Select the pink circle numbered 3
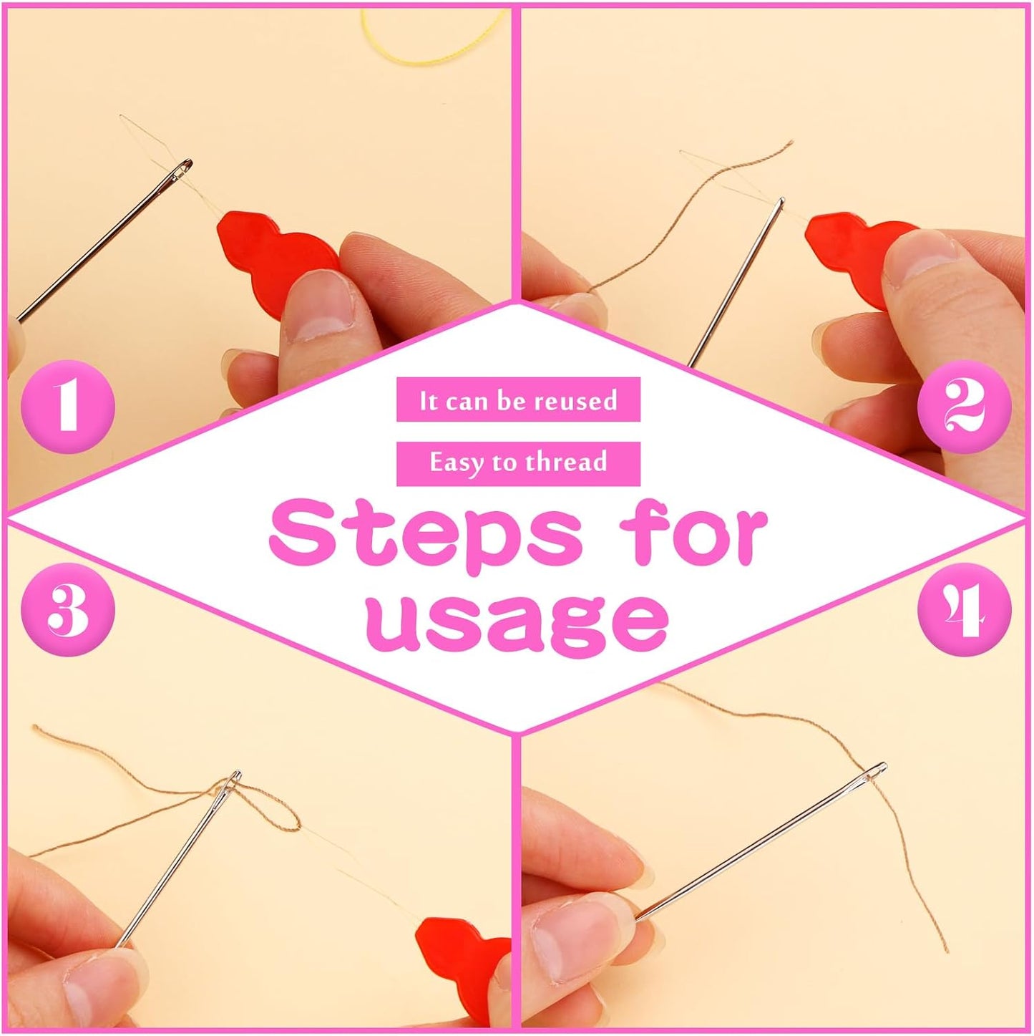tap(68, 610)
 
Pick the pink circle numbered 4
tap(965, 610)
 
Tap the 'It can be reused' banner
tap(518, 400)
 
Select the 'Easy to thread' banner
tap(518, 463)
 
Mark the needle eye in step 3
tap(234, 780)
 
